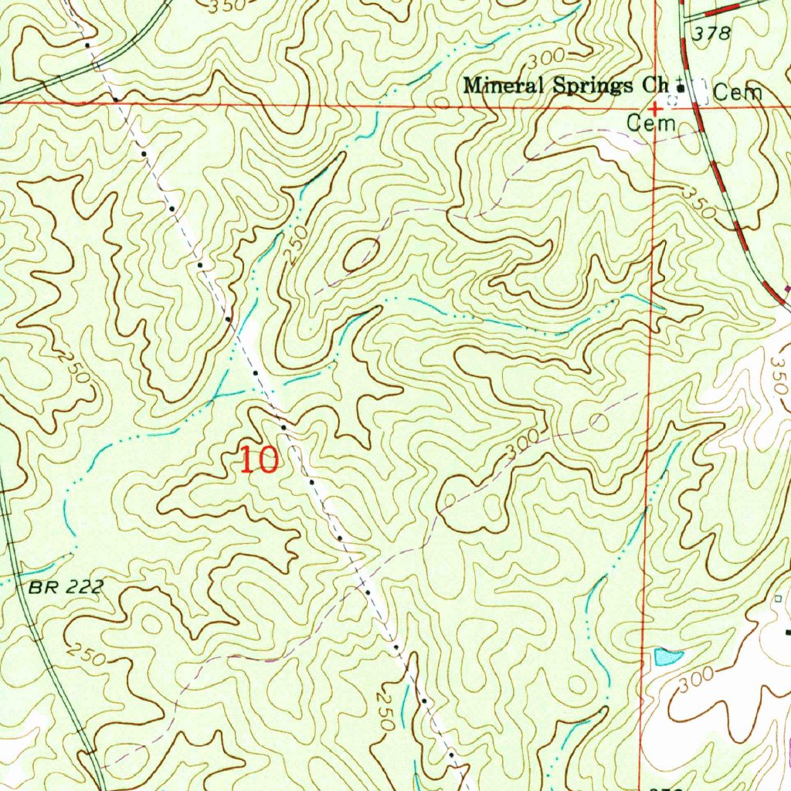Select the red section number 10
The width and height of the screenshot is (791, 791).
[x=258, y=460]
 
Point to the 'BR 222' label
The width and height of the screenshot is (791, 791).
[x=66, y=588]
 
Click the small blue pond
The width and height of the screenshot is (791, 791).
[x=667, y=657]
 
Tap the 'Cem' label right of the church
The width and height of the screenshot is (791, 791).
[x=738, y=93]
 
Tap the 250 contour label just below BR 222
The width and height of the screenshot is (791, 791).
[x=87, y=654]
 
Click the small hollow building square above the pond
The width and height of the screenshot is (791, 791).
[x=778, y=599]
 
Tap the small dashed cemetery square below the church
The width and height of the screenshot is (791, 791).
[x=672, y=100]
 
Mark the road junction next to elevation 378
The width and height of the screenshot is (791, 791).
[x=684, y=19]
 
